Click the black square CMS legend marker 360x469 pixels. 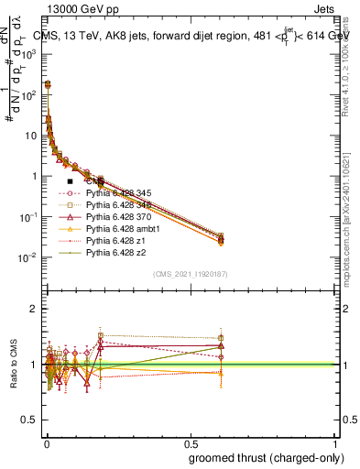pyautogui.click(x=70, y=182)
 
